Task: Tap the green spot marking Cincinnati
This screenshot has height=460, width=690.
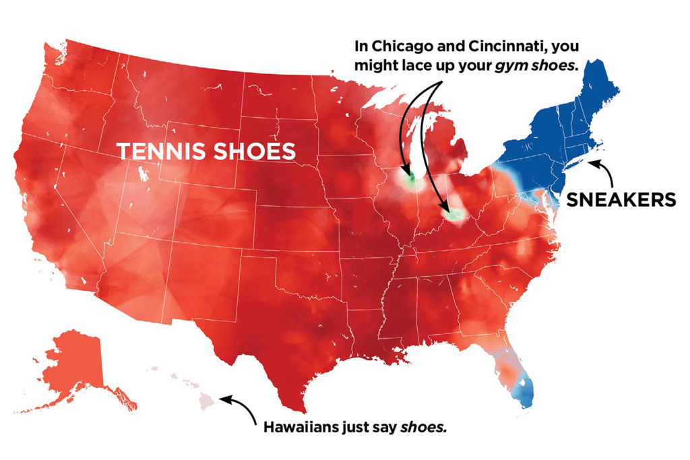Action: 456,215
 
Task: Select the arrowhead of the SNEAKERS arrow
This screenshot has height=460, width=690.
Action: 588,161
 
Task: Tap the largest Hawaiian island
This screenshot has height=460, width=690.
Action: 208,401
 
